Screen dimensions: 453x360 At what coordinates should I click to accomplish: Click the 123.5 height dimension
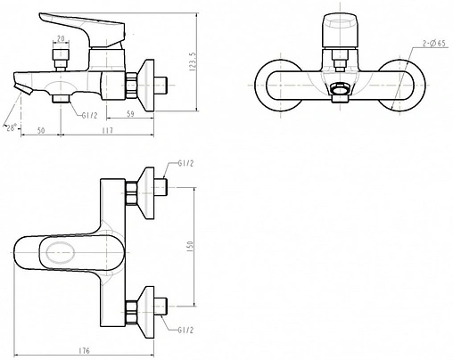[x=193, y=61]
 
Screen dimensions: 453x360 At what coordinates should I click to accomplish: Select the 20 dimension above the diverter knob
[x=61, y=38]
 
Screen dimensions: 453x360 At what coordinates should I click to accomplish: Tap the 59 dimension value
[x=130, y=114]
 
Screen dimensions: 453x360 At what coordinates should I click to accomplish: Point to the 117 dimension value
[x=107, y=130]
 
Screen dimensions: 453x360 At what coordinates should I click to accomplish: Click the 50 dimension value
[x=41, y=130]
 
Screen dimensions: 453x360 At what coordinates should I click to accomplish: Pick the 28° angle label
[x=11, y=127]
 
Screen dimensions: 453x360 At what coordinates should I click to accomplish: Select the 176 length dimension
[x=84, y=351]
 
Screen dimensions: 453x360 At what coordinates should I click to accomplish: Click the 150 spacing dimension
[x=190, y=247]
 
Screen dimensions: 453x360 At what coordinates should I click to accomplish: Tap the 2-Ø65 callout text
[x=434, y=44]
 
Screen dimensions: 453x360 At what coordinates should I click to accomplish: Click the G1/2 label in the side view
[x=89, y=116]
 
